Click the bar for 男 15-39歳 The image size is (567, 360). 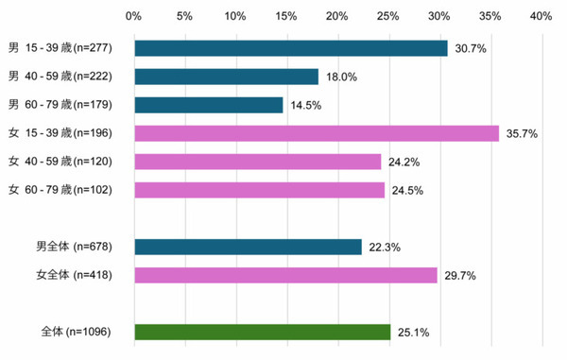291,48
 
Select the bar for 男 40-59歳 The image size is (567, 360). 227,77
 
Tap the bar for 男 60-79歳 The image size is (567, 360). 209,105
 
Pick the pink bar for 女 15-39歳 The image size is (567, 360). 317,133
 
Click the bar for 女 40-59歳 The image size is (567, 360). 258,162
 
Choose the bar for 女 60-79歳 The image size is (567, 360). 260,190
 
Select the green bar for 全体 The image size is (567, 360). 263,332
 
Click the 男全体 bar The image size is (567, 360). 249,247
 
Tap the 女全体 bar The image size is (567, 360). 286,275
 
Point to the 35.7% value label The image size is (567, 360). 522,134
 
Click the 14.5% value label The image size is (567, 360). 305,106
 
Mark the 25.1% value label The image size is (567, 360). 413,333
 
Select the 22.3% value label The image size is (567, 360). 385,248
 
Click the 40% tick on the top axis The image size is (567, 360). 541,16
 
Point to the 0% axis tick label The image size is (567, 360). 133,16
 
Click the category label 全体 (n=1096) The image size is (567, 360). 77,333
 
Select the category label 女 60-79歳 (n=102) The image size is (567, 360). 60,191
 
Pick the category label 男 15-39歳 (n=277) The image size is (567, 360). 60,49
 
